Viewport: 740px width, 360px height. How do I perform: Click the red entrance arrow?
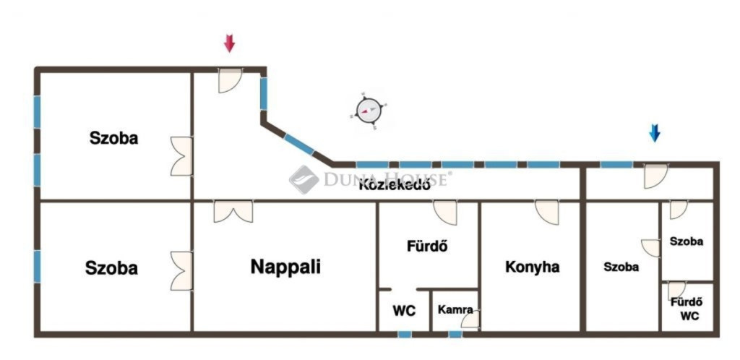pyautogui.click(x=229, y=43)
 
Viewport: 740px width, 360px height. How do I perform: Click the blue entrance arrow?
pyautogui.click(x=654, y=133)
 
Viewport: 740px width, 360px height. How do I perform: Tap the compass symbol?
pyautogui.click(x=369, y=111)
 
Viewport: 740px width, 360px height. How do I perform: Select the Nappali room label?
pyautogui.click(x=285, y=267)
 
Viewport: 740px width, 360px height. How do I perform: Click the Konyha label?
pyautogui.click(x=533, y=267)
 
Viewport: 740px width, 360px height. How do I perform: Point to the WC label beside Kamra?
pyautogui.click(x=405, y=311)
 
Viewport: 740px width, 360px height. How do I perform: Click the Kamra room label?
pyautogui.click(x=455, y=310)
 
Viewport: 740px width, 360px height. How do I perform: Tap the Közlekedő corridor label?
pyautogui.click(x=395, y=185)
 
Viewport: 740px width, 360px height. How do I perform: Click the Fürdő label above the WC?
pyautogui.click(x=427, y=246)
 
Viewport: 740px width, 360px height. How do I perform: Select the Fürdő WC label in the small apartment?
pyautogui.click(x=687, y=309)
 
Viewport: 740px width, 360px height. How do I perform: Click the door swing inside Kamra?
pyautogui.click(x=470, y=320)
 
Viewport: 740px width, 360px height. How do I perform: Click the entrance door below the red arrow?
pyautogui.click(x=230, y=81)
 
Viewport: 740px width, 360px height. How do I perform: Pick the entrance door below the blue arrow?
pyautogui.click(x=656, y=176)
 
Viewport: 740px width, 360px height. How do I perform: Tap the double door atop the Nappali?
pyautogui.click(x=233, y=212)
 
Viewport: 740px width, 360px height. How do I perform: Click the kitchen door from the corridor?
pyautogui.click(x=547, y=213)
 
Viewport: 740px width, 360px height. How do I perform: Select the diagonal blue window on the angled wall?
pyautogui.click(x=298, y=145)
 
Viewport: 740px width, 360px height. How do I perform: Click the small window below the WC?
pyautogui.click(x=405, y=335)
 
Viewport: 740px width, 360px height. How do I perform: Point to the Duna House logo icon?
pyautogui.click(x=304, y=179)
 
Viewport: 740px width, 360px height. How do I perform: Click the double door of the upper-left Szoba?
pyautogui.click(x=181, y=157)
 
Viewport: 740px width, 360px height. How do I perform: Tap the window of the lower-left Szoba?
pyautogui.click(x=37, y=267)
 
